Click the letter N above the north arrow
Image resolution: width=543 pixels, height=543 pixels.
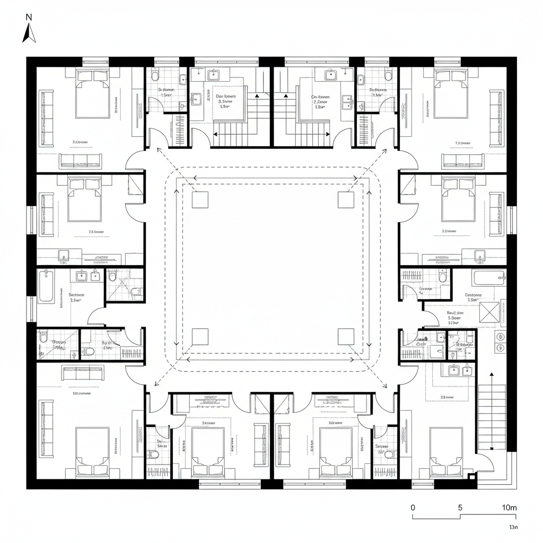(29, 17)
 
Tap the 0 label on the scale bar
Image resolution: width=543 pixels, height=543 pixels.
(413, 507)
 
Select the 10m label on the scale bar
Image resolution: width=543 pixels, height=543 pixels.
(509, 507)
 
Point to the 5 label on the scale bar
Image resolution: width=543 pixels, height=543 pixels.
(460, 507)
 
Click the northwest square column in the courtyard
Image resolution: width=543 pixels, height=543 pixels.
(200, 199)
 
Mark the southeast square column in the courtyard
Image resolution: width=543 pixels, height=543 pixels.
(346, 337)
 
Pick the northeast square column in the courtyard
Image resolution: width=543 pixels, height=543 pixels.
(346, 199)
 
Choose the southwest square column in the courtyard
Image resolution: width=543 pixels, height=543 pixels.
(200, 337)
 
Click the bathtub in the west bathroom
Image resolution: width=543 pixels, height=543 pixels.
(46, 286)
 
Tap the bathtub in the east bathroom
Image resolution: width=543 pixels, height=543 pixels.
(488, 277)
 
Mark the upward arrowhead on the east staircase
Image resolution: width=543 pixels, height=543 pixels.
(492, 374)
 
